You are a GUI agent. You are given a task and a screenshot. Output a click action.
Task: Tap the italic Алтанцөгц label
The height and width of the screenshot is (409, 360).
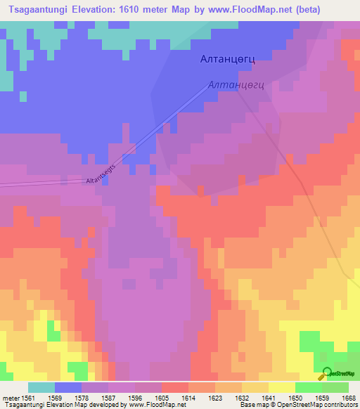(x=236, y=86)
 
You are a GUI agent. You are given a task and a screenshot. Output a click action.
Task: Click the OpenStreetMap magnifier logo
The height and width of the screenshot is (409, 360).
(x=326, y=373)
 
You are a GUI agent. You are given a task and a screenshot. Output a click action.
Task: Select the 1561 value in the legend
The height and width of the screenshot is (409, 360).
(x=28, y=397)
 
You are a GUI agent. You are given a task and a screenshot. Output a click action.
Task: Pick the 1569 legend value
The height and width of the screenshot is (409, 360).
(x=55, y=397)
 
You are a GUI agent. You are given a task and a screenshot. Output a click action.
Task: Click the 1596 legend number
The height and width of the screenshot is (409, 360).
(x=135, y=397)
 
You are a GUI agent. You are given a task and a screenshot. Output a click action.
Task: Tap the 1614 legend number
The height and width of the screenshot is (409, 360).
(x=188, y=397)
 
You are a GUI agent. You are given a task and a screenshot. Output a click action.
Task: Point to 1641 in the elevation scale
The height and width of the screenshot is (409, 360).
(x=269, y=397)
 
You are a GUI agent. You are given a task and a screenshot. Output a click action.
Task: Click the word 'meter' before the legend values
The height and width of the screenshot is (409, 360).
(x=11, y=397)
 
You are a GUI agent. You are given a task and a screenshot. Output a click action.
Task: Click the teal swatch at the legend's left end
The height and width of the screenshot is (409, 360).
(x=41, y=387)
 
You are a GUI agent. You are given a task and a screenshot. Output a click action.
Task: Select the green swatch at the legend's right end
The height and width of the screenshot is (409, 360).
(x=335, y=387)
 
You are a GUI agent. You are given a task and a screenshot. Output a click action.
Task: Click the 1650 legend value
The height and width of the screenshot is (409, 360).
(x=295, y=397)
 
